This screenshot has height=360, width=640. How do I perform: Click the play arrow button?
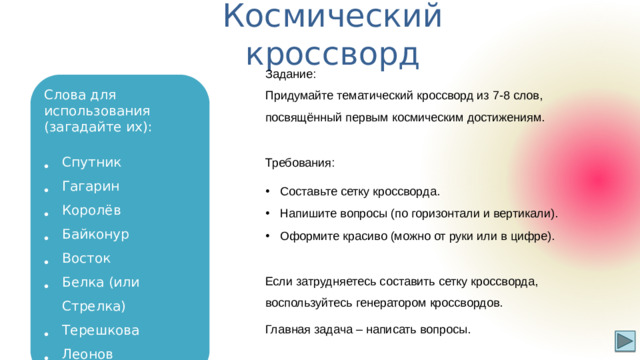click(623, 341)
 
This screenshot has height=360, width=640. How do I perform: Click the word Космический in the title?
click(333, 16)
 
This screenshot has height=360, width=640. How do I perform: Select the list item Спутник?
click(91, 162)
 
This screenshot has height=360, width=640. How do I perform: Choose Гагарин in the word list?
click(91, 186)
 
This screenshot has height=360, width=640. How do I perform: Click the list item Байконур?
click(95, 234)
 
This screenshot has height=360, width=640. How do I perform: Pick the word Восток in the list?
click(86, 258)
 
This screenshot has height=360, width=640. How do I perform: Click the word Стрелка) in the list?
click(93, 306)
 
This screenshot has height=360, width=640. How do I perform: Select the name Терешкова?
click(101, 330)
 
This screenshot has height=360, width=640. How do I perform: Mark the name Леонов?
click(87, 353)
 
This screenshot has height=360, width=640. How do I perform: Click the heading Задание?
click(290, 74)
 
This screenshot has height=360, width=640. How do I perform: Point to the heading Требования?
click(300, 162)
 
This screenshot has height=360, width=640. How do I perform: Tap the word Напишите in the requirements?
click(310, 213)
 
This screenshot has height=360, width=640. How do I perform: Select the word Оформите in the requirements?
click(310, 236)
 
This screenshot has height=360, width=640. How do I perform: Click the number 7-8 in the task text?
click(477, 95)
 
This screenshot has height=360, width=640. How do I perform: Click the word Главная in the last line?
click(288, 329)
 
